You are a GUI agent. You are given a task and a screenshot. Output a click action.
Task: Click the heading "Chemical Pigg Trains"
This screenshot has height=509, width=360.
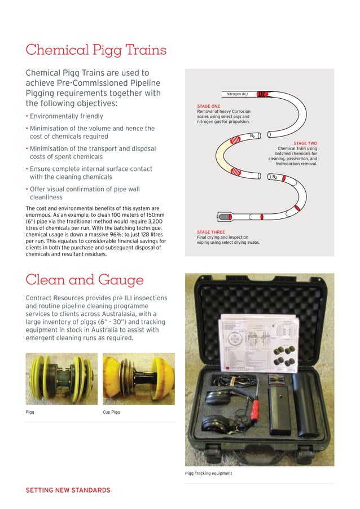click(96, 50)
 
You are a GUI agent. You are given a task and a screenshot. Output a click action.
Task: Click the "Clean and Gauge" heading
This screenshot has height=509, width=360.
click(85, 280)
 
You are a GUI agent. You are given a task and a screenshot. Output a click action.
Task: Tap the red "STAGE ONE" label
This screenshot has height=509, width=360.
click(208, 106)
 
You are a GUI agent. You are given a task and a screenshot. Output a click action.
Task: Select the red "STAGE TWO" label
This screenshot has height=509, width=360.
click(305, 143)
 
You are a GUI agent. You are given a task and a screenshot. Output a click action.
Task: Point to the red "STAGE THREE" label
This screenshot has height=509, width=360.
click(210, 232)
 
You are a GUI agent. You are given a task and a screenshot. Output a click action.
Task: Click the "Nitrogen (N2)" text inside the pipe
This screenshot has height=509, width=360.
click(239, 94)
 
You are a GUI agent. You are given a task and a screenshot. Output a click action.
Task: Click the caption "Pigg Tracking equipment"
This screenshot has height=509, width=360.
click(208, 473)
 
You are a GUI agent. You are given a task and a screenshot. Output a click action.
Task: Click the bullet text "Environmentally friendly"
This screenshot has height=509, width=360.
click(66, 116)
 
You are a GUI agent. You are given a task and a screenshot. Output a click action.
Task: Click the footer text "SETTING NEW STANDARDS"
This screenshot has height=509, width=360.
click(68, 490)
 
